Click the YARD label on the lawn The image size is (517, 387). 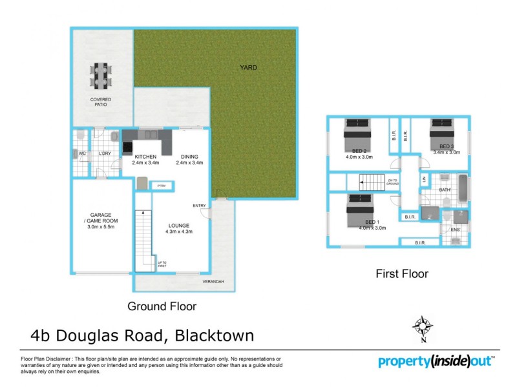(249, 67)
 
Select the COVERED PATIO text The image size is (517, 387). (101, 103)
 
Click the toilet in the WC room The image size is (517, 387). (79, 137)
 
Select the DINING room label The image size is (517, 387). (189, 159)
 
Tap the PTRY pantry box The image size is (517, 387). (160, 186)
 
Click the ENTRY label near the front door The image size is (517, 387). (199, 206)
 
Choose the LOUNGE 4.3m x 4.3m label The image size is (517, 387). (179, 228)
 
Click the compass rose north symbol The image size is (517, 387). (421, 326)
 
